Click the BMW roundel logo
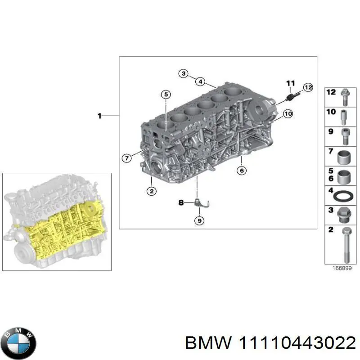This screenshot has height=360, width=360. point(18,341)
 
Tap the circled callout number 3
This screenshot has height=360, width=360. point(182,73)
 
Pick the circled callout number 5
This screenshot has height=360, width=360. point(166,94)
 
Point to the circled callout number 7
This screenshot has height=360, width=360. point(127,157)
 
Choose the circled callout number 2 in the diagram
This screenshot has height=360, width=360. point(152,191)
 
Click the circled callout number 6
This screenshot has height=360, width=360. point(241,170)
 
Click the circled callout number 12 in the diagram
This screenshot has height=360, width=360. point(308,87)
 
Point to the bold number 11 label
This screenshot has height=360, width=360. point(290,83)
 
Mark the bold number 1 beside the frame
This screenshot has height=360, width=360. point(100,116)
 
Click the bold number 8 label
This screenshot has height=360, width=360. point(181,203)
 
